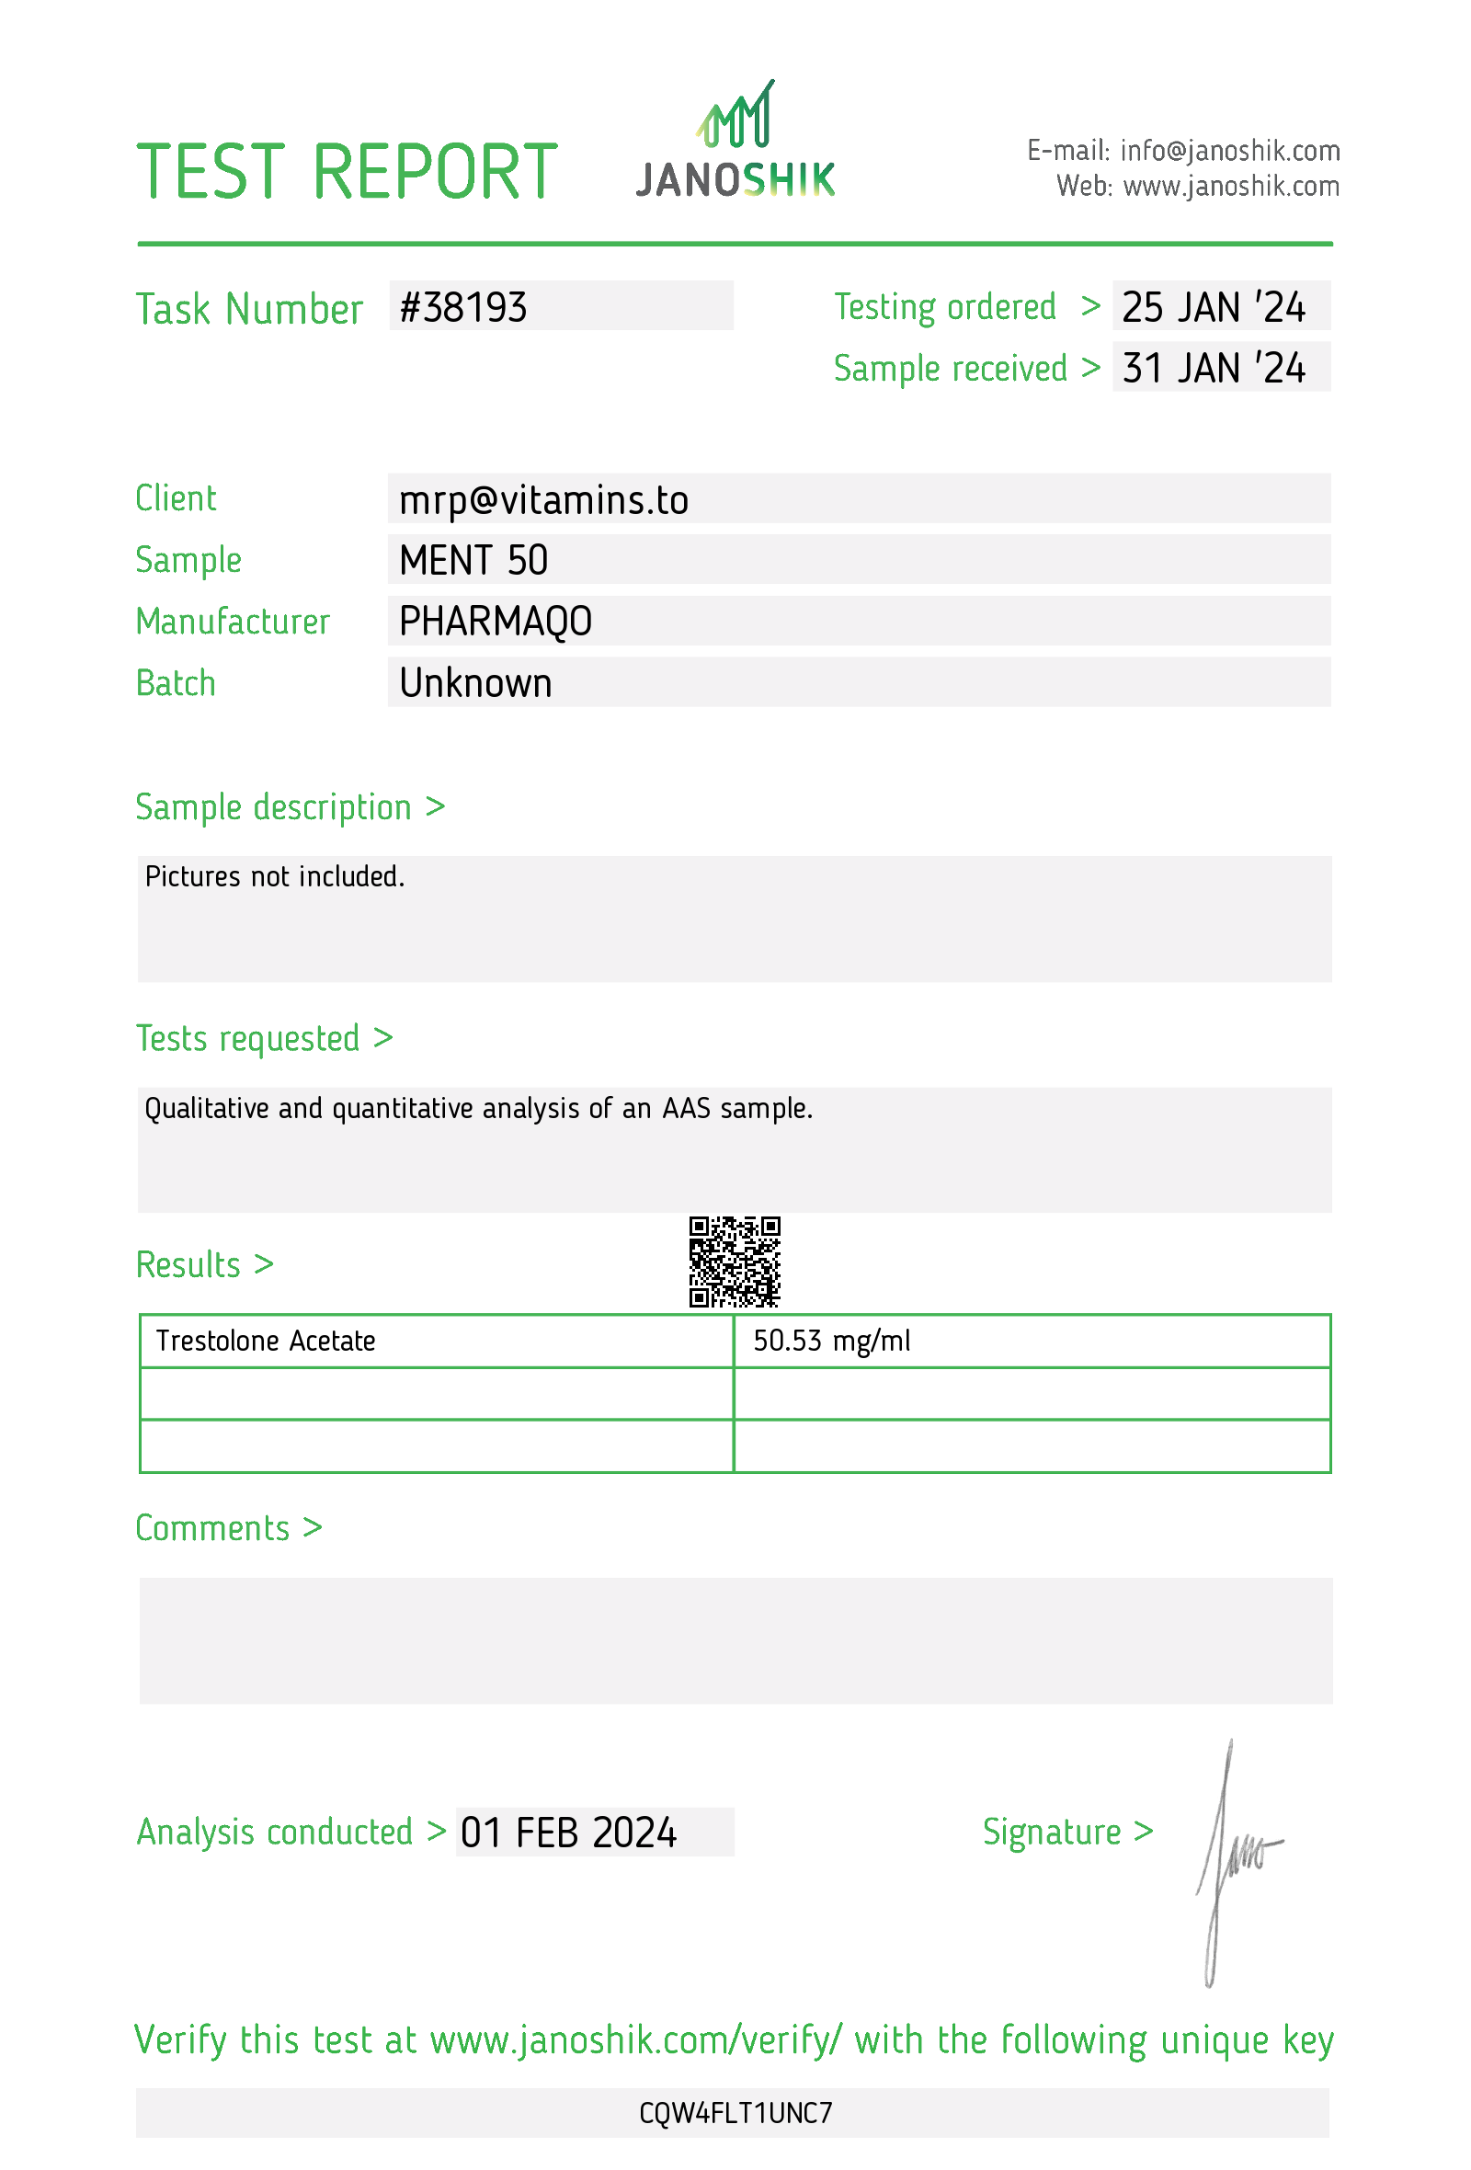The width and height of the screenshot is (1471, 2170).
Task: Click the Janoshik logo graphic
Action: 735,140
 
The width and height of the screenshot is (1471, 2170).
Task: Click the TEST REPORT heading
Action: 347,173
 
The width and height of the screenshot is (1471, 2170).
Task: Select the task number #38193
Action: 463,307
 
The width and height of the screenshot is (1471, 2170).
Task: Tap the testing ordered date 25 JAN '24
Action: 1213,307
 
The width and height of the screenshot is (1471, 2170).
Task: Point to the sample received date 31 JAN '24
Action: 1213,368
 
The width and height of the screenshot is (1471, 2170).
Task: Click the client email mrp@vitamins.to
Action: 543,500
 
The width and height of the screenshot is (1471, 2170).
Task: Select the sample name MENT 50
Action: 473,560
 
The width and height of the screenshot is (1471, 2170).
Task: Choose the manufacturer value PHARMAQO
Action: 495,622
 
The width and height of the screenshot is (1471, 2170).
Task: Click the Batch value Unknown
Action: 475,683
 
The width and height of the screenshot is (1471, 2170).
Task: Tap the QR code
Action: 735,1262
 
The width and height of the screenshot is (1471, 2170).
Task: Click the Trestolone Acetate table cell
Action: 266,1341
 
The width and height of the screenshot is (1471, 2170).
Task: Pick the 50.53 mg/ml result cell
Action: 831,1341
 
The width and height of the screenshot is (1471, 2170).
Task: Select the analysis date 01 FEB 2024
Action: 568,1833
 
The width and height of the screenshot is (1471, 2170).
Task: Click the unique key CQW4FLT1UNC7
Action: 735,2113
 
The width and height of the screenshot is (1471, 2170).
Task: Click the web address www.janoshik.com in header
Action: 1230,187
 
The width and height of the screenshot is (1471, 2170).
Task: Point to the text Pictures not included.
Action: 274,877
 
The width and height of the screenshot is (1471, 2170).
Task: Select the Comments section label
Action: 228,1528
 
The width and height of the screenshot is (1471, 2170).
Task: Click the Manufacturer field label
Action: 233,622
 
